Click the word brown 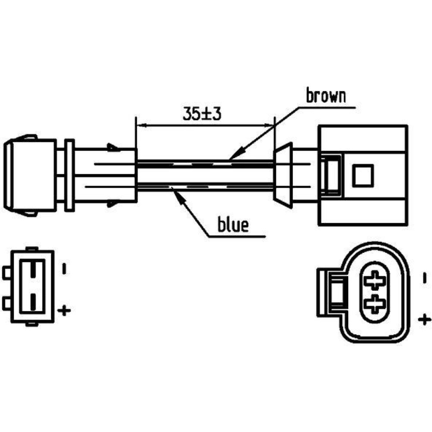(x=326, y=96)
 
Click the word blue (x=233, y=225)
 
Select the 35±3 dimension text (x=202, y=114)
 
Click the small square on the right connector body (x=363, y=176)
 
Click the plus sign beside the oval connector (x=425, y=320)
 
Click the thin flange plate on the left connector (x=69, y=175)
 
